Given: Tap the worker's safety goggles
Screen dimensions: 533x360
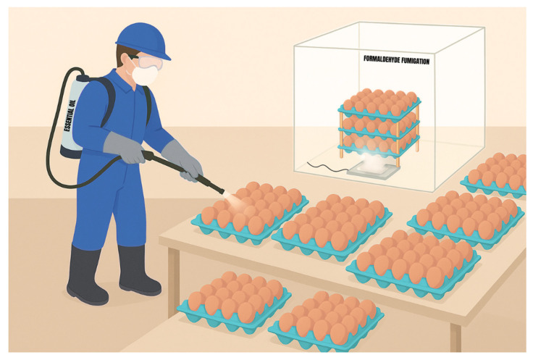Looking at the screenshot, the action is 147,62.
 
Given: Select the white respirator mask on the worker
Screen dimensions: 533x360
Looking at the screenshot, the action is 145,75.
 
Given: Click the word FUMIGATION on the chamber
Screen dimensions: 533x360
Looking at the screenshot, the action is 415,61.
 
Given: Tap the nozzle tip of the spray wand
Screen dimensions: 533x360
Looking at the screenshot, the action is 222,192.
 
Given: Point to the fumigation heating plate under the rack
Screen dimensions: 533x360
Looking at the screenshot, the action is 373,169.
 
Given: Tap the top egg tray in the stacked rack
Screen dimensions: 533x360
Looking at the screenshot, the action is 379,101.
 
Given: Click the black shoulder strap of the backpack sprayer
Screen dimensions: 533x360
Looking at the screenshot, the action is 108,99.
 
